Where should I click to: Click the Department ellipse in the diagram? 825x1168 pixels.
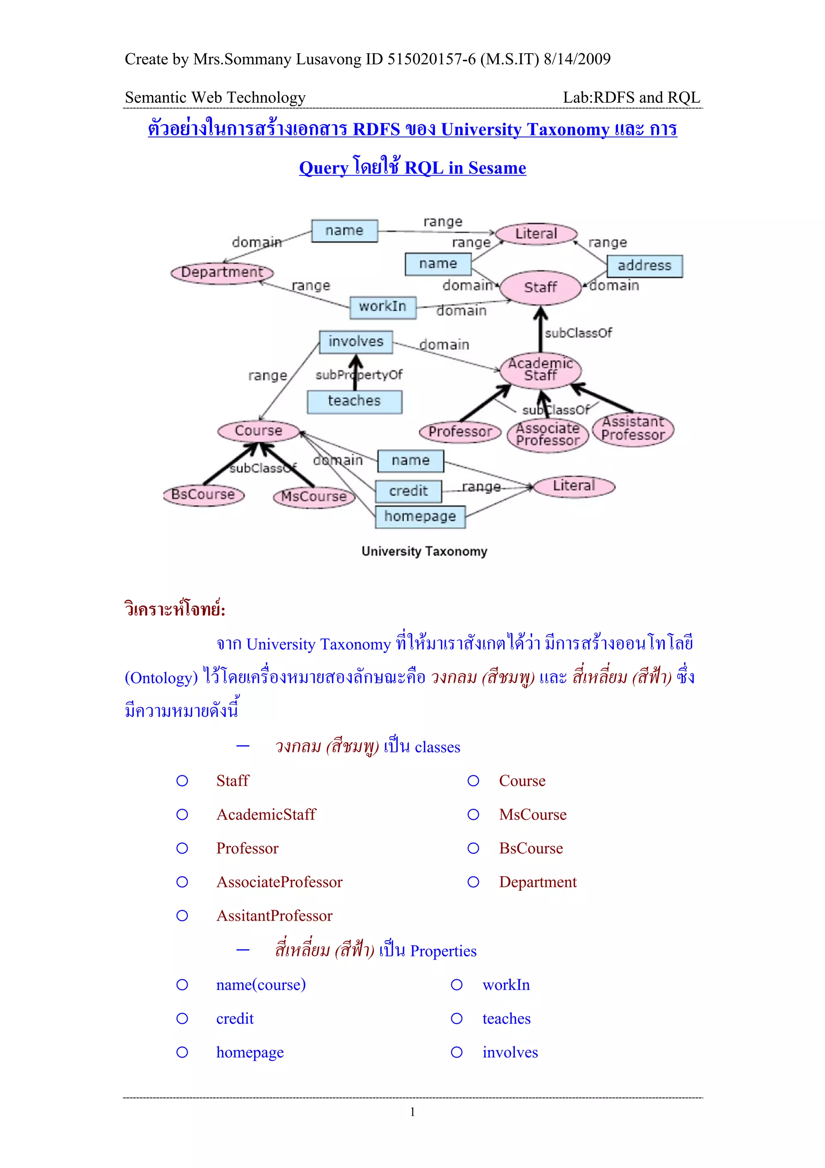222,273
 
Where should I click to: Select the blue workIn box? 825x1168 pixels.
383,307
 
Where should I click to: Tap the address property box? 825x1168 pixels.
644,266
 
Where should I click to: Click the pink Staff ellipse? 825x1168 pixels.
540,288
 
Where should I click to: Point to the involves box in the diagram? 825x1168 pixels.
356,342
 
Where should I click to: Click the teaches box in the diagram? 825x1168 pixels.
354,401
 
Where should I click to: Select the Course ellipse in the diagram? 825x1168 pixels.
258,431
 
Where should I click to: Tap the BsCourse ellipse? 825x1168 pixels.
203,495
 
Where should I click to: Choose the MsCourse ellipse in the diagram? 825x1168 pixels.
314,497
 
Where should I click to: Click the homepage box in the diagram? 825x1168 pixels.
420,517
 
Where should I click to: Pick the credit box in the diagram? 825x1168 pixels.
408,491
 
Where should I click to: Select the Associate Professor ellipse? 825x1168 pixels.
547,435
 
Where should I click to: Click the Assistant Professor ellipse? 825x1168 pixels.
633,429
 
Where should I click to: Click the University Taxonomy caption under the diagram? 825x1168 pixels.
424,551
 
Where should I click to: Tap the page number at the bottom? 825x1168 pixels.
412,1112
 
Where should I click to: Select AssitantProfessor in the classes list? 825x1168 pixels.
274,916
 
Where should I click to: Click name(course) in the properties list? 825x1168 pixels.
261,985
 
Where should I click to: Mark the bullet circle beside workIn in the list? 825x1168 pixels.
456,985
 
